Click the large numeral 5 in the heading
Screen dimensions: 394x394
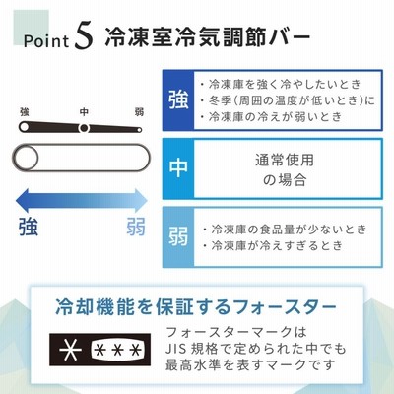pos(84,38)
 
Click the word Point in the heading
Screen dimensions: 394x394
pos(46,41)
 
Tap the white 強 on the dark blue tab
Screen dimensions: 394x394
pos(178,100)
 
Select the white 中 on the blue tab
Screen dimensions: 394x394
pos(178,168)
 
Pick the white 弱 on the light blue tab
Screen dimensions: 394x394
pos(178,236)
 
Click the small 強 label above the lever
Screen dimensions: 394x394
pos(25,112)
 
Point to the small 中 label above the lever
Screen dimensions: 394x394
pos(84,112)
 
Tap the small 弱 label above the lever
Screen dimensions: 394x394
pos(139,112)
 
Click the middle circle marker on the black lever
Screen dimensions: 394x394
pos(84,128)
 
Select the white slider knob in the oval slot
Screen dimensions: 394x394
pos(26,158)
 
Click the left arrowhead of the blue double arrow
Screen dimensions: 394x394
pos(23,201)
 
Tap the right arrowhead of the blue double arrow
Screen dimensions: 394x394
pos(140,201)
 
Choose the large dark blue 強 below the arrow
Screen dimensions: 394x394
pos(29,227)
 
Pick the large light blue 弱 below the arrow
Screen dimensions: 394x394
pos(136,227)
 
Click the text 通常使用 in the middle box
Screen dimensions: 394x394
pos(285,161)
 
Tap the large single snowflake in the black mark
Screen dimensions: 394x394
pos(71,349)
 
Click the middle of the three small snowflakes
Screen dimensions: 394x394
pos(117,350)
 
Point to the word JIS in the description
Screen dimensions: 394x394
pos(175,349)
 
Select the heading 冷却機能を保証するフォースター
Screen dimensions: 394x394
pos(196,307)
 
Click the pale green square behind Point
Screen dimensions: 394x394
pos(31,28)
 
